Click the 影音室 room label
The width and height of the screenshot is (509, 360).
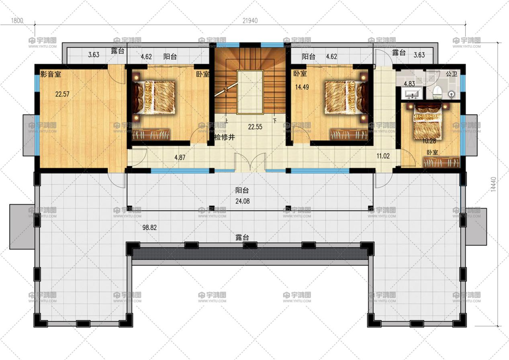coord(51,74)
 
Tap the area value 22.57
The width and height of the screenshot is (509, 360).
coord(62,94)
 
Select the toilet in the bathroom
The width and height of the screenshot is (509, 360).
coord(437,93)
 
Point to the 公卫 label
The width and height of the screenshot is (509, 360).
coord(452,74)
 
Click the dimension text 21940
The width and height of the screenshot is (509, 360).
coord(250,20)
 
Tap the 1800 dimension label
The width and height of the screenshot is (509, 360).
coord(17,20)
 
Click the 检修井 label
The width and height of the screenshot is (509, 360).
coord(225,137)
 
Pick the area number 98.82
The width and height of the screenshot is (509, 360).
coord(149,227)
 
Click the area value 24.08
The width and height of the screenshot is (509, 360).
coord(243,201)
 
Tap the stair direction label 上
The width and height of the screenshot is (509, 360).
coord(226,121)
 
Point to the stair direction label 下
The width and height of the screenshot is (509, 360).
coord(275,121)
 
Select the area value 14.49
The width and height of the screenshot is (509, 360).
coord(302,87)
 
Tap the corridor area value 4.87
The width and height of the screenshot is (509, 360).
coord(180,157)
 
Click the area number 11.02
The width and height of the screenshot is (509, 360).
coord(383,156)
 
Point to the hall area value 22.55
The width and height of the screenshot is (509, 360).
coord(255,127)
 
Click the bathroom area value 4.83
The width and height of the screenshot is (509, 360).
coord(409,84)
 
